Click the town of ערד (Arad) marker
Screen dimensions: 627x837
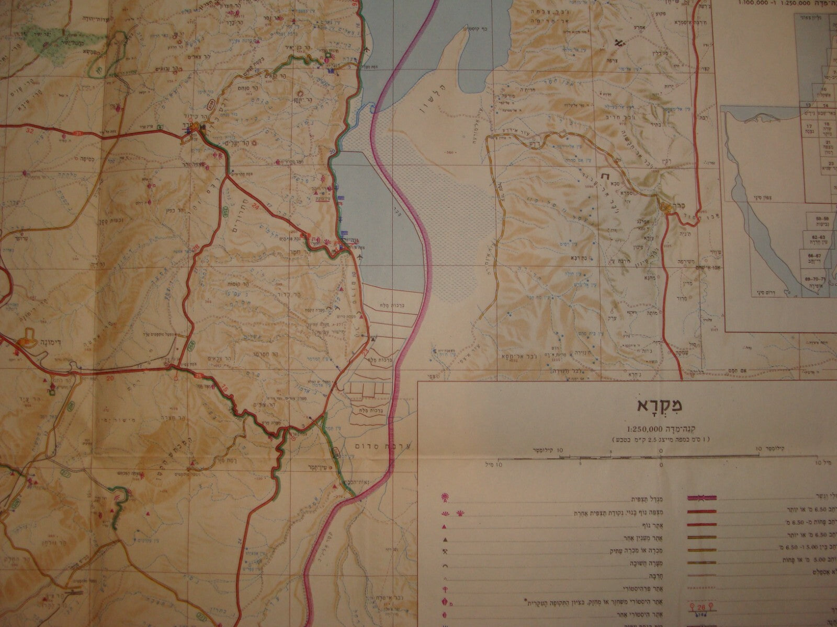pos(196,127)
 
